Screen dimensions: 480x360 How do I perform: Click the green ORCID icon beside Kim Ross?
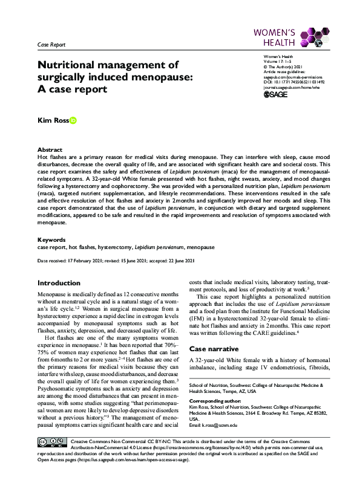(73, 121)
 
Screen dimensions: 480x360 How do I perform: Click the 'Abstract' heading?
(50, 149)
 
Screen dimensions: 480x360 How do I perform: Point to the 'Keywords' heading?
(51, 239)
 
